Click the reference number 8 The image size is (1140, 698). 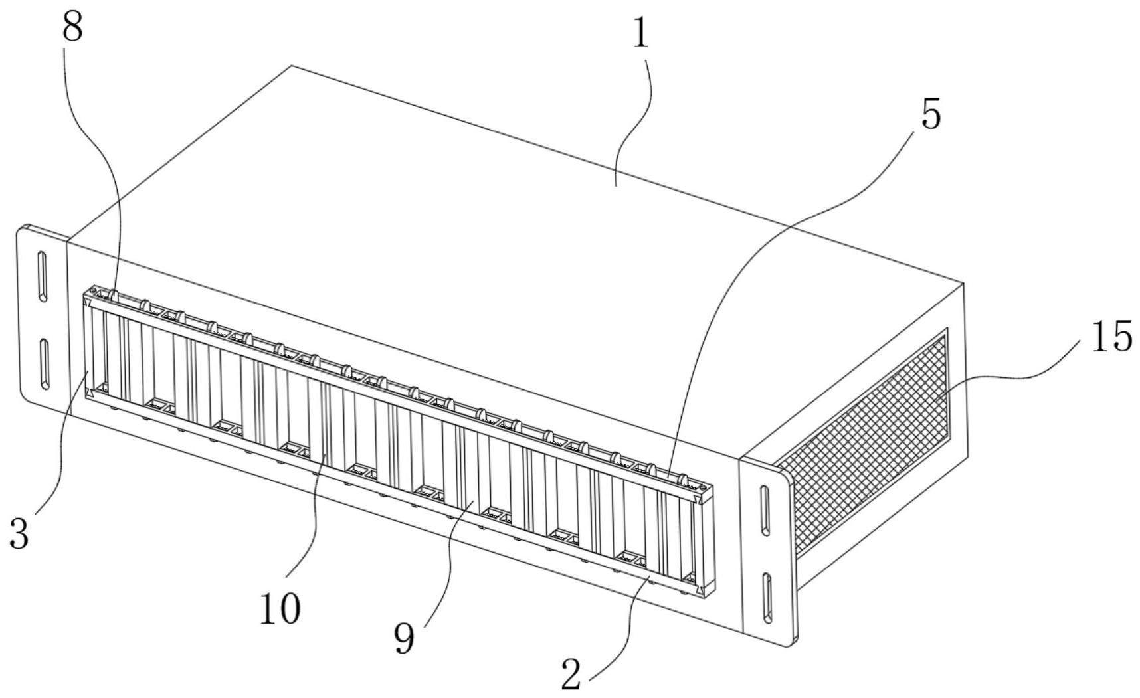pyautogui.click(x=72, y=28)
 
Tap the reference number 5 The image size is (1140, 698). pyautogui.click(x=930, y=114)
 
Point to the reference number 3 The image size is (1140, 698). pyautogui.click(x=19, y=533)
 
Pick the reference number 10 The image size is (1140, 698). pyautogui.click(x=279, y=609)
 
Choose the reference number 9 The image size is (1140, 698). pyautogui.click(x=405, y=638)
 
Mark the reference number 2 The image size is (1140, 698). pyautogui.click(x=571, y=675)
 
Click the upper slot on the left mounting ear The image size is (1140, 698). pyautogui.click(x=43, y=276)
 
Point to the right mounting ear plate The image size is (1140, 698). pyautogui.click(x=767, y=551)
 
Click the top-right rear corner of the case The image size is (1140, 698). pyautogui.click(x=963, y=283)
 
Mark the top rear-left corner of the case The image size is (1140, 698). pyautogui.click(x=292, y=66)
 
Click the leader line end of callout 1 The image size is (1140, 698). pyautogui.click(x=617, y=186)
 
